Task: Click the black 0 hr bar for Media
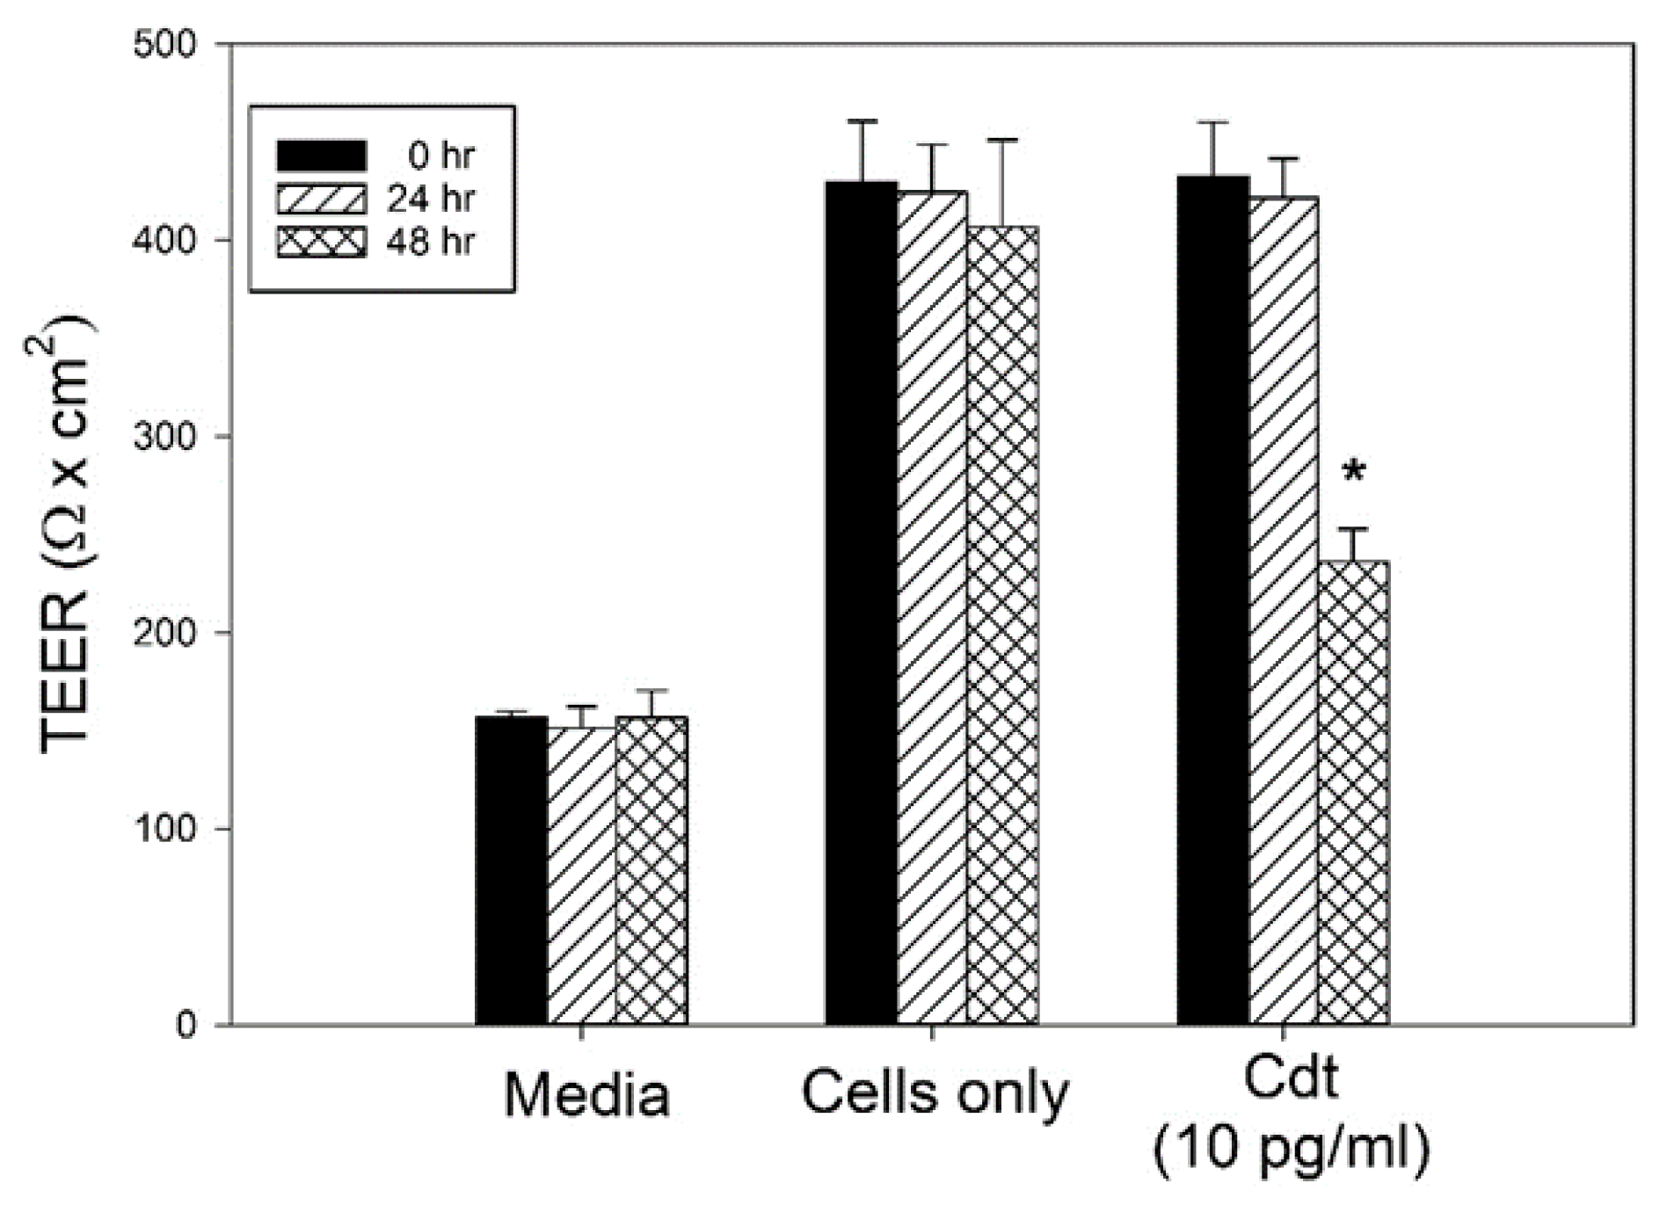pyautogui.click(x=511, y=870)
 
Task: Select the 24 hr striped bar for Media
pyautogui.click(x=581, y=875)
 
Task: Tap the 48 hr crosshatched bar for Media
pyautogui.click(x=652, y=870)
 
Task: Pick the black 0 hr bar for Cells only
pyautogui.click(x=861, y=603)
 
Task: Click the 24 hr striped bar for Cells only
pyautogui.click(x=932, y=607)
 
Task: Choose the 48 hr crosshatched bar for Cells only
pyautogui.click(x=1002, y=625)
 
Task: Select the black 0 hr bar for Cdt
pyautogui.click(x=1212, y=600)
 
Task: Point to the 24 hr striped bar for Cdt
pyautogui.click(x=1283, y=611)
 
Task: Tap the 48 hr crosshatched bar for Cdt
pyautogui.click(x=1353, y=792)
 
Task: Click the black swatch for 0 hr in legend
pyautogui.click(x=322, y=156)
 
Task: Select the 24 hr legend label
pyautogui.click(x=430, y=200)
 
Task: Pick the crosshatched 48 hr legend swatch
pyautogui.click(x=322, y=242)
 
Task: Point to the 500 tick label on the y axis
pyautogui.click(x=165, y=44)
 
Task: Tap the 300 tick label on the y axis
pyautogui.click(x=165, y=437)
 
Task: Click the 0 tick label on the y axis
pyautogui.click(x=186, y=1025)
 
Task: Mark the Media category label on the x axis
pyautogui.click(x=586, y=1096)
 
